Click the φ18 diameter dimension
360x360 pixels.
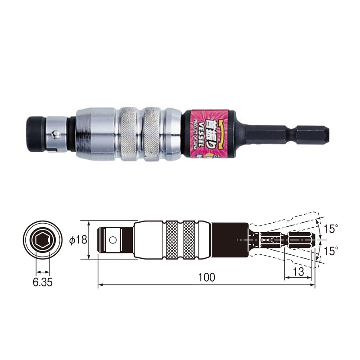(78, 239)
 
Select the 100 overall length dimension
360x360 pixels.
(207, 277)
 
